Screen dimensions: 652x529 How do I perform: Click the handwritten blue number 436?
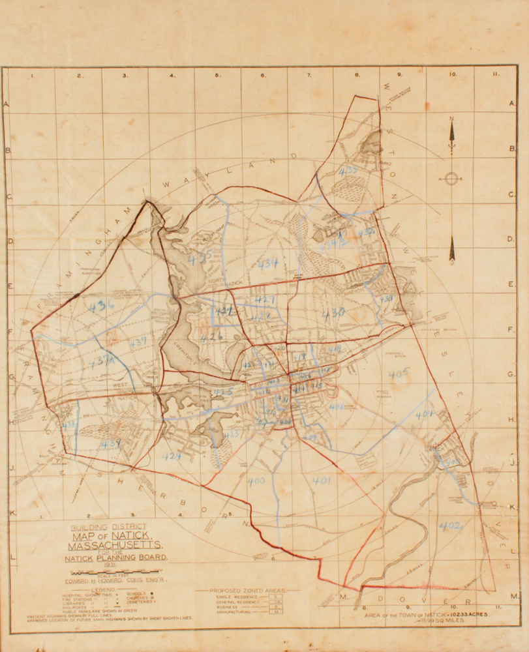pos(102,304)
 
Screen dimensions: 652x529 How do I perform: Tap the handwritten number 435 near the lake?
pos(200,258)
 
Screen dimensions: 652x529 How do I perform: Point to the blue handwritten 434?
pos(267,263)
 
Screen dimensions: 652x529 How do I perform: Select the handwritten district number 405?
pos(398,374)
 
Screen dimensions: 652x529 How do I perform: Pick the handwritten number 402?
pos(450,526)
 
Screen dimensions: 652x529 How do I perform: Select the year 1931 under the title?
pos(72,565)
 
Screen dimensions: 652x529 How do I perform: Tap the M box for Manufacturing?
pos(276,612)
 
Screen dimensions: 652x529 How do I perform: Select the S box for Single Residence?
pos(276,596)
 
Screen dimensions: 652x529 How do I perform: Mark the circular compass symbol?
pos(451,178)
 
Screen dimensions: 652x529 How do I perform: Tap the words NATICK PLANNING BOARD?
pos(116,557)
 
